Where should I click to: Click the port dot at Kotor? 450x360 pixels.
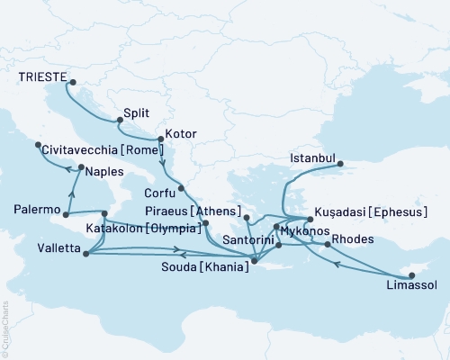[159, 139]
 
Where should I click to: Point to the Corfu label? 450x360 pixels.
[159, 192]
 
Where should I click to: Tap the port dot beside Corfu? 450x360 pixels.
[181, 188]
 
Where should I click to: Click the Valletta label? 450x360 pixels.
[37, 247]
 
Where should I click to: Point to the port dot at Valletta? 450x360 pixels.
[85, 254]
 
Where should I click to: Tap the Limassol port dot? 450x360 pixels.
[410, 274]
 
